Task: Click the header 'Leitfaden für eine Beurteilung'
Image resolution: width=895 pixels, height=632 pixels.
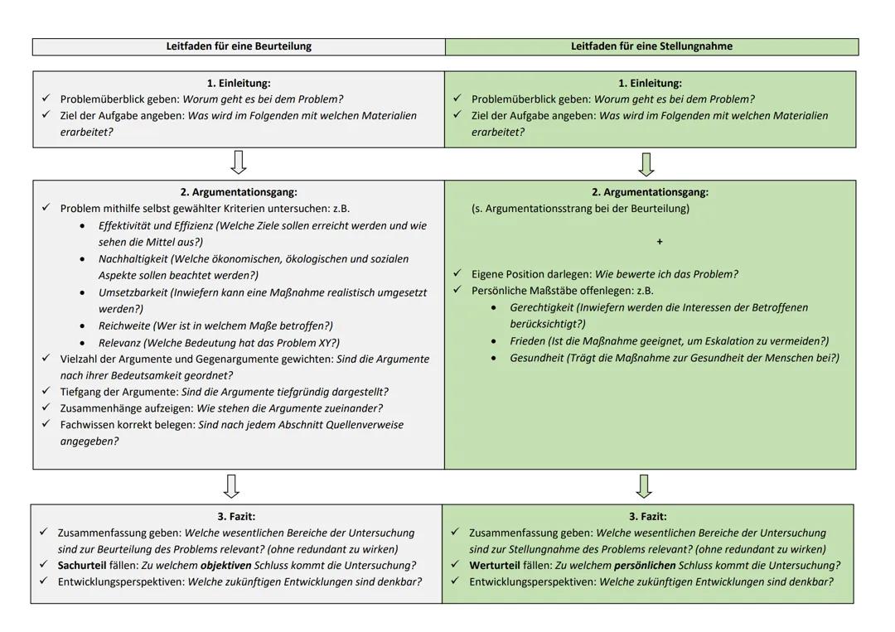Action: click(239, 46)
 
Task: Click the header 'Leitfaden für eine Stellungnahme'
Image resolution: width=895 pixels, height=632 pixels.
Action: click(651, 46)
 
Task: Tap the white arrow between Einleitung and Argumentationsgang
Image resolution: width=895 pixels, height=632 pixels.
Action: click(239, 162)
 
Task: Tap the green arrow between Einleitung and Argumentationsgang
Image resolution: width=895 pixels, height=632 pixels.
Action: click(646, 163)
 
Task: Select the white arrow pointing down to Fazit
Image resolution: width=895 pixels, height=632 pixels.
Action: click(232, 485)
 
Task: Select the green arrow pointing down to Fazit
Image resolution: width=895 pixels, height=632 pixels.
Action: click(644, 485)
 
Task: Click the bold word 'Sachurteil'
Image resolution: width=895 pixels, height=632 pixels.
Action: click(82, 566)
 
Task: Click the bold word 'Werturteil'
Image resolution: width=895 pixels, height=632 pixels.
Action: click(495, 566)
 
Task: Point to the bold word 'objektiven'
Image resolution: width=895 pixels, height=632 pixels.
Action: click(225, 566)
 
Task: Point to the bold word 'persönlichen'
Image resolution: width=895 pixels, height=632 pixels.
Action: click(645, 566)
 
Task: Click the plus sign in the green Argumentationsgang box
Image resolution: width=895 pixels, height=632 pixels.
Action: click(660, 242)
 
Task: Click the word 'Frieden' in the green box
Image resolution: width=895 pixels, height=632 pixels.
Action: click(528, 341)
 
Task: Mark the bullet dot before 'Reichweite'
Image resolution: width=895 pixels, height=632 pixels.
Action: click(82, 326)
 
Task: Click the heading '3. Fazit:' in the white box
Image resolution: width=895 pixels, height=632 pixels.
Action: click(236, 516)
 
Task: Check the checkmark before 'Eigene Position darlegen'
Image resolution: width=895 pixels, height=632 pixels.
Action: click(457, 273)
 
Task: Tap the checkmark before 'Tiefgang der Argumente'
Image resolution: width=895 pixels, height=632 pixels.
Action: click(46, 391)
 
